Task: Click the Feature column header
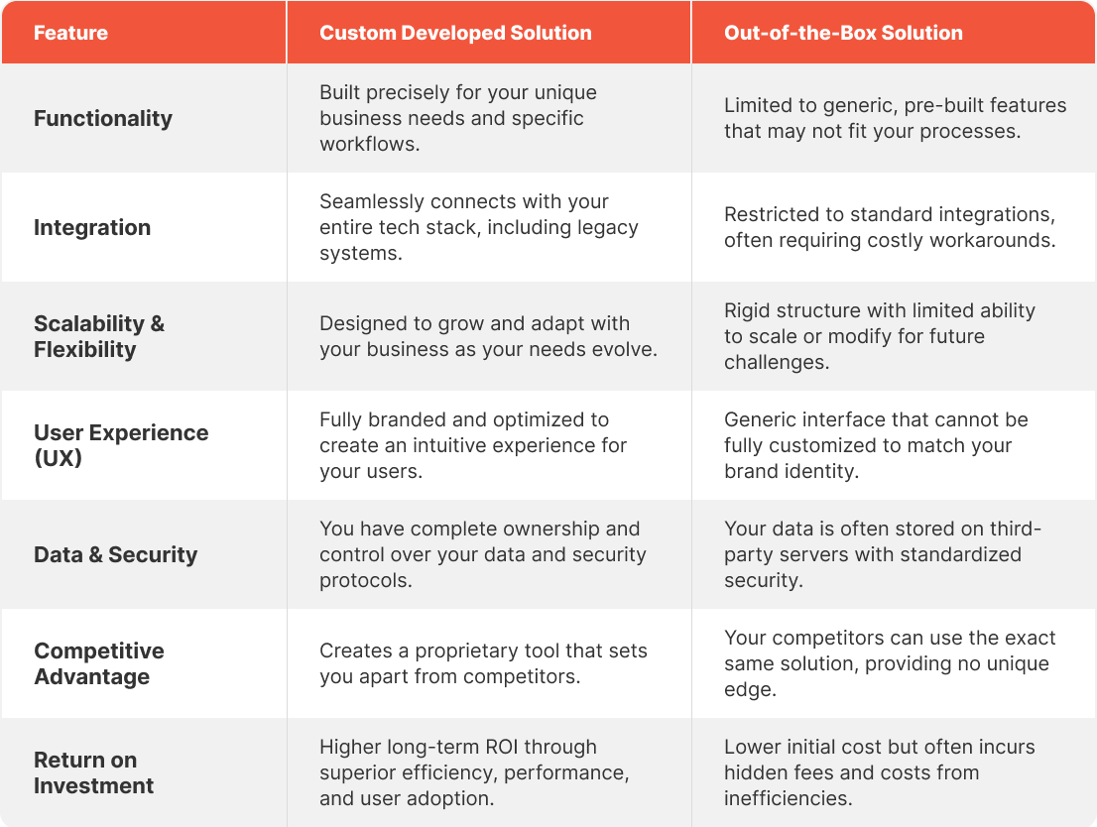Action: (70, 33)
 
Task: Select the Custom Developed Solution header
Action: (455, 33)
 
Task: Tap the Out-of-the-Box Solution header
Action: (843, 33)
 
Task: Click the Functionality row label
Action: (103, 118)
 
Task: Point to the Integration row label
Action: (92, 227)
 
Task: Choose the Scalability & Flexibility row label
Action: (99, 336)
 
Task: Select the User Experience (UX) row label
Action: (121, 445)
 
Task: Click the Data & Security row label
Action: (115, 555)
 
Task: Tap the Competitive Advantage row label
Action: (98, 664)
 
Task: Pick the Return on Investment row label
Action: (94, 773)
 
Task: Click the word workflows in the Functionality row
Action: (368, 144)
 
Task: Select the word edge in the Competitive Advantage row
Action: (749, 690)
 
